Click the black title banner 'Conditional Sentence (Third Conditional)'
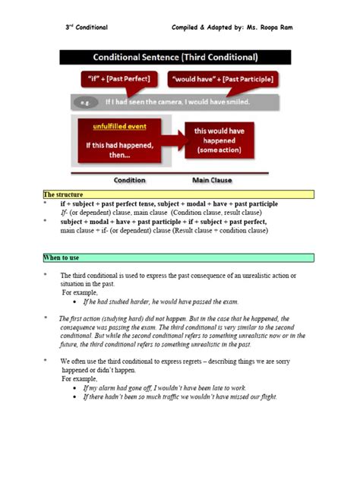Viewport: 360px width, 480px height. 175,58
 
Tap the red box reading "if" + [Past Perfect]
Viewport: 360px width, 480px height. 117,79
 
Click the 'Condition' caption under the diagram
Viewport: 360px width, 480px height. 130,180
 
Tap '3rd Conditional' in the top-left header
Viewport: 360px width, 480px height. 86,27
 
